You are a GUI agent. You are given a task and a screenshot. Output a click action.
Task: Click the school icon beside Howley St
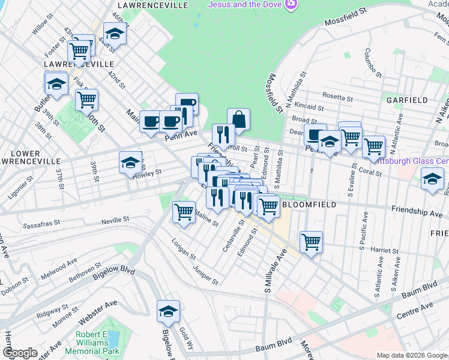[x=130, y=162]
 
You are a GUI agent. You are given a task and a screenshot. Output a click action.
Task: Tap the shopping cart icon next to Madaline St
[x=184, y=211]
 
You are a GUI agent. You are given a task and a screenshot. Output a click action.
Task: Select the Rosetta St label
[x=338, y=97]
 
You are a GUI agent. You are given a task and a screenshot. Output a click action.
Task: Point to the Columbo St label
[x=373, y=63]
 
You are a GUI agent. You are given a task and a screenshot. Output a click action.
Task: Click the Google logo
[x=20, y=353]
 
